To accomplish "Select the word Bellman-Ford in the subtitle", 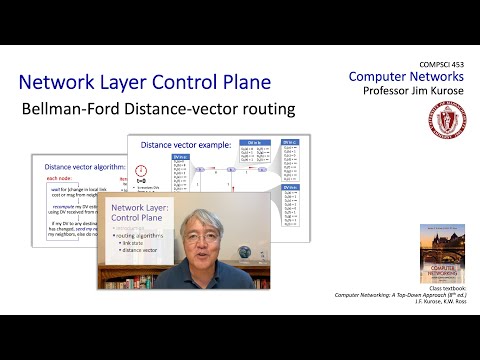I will [100, 107].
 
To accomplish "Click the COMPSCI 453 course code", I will [438, 64].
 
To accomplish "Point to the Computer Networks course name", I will [407, 77].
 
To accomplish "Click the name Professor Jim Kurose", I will [410, 91].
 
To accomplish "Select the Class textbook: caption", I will [441, 289].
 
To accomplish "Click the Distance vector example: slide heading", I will [186, 145].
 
